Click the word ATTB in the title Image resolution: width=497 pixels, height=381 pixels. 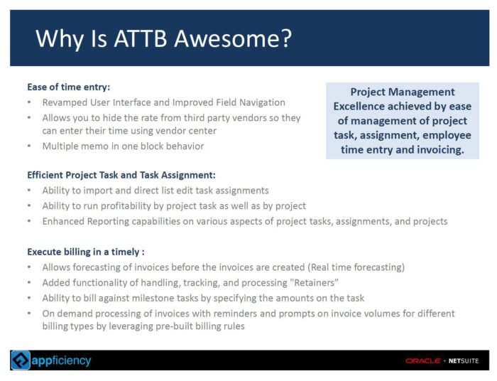[x=141, y=38]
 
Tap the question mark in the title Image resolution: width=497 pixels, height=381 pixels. [x=286, y=38]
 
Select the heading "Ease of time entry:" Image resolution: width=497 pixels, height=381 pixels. [x=68, y=87]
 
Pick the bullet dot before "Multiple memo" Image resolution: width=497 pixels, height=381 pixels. [x=29, y=146]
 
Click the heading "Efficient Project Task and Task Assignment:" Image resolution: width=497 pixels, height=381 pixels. [x=121, y=175]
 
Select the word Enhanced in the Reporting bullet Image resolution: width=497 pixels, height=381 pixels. [x=63, y=221]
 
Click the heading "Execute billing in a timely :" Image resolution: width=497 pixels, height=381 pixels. [x=86, y=252]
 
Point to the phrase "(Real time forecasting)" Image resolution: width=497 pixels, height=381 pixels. [x=356, y=267]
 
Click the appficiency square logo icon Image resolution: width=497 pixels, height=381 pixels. [x=21, y=360]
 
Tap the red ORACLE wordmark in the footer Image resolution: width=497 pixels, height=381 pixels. [x=422, y=360]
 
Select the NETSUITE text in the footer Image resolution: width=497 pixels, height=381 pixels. [x=464, y=360]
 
